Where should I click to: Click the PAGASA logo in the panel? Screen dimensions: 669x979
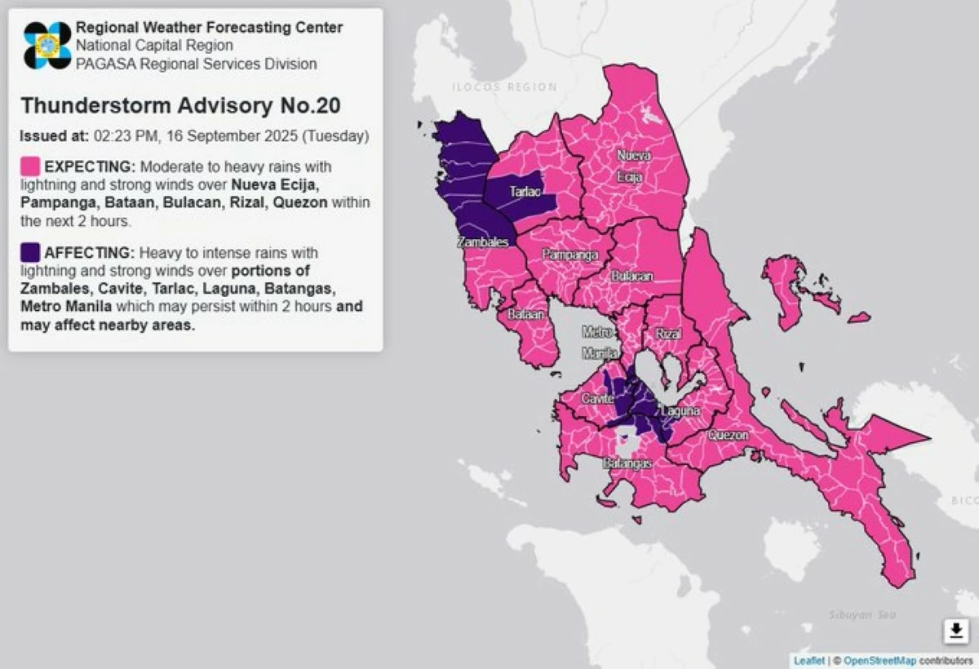click(47, 45)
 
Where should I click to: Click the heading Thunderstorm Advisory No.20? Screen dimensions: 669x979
click(180, 106)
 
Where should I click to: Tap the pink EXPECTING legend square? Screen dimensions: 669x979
click(31, 166)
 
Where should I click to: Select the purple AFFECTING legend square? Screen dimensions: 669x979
click(31, 252)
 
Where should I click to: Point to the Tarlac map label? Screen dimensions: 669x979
click(524, 192)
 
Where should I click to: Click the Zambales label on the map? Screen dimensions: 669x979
click(483, 242)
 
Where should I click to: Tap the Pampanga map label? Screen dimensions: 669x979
click(570, 255)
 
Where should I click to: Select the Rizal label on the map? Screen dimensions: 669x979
click(667, 334)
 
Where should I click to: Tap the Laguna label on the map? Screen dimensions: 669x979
click(680, 411)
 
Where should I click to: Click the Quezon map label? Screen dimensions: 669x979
click(727, 436)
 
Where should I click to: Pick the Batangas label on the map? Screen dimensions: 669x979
click(627, 463)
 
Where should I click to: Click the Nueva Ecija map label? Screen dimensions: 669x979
click(633, 166)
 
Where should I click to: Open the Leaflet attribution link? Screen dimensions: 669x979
click(808, 660)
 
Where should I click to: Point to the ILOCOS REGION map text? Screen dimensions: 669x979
click(506, 86)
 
